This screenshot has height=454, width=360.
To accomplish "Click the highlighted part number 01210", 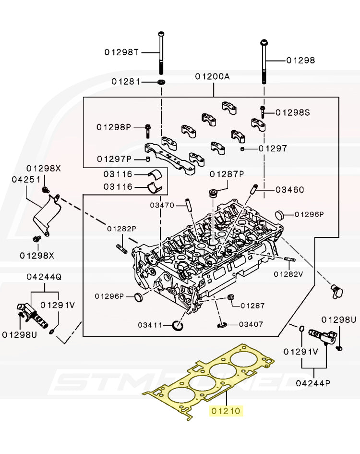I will [x=226, y=411].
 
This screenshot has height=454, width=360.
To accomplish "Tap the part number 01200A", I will [x=213, y=77].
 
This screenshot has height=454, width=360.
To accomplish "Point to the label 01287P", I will [x=227, y=173].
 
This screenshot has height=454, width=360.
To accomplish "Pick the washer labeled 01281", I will [x=162, y=82].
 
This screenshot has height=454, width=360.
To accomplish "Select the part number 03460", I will [x=289, y=190].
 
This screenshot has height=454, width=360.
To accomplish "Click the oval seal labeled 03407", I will [x=222, y=326].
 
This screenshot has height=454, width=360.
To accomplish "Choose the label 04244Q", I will [x=44, y=277].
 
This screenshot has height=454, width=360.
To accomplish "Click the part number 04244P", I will [x=313, y=383].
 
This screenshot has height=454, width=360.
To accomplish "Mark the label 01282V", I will [x=289, y=274].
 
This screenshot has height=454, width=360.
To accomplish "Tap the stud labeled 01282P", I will [x=120, y=249].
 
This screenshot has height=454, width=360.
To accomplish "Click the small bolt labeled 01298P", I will [x=148, y=128].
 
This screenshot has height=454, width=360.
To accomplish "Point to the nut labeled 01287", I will [x=230, y=298].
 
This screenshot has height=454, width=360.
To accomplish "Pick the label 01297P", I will [x=114, y=159].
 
